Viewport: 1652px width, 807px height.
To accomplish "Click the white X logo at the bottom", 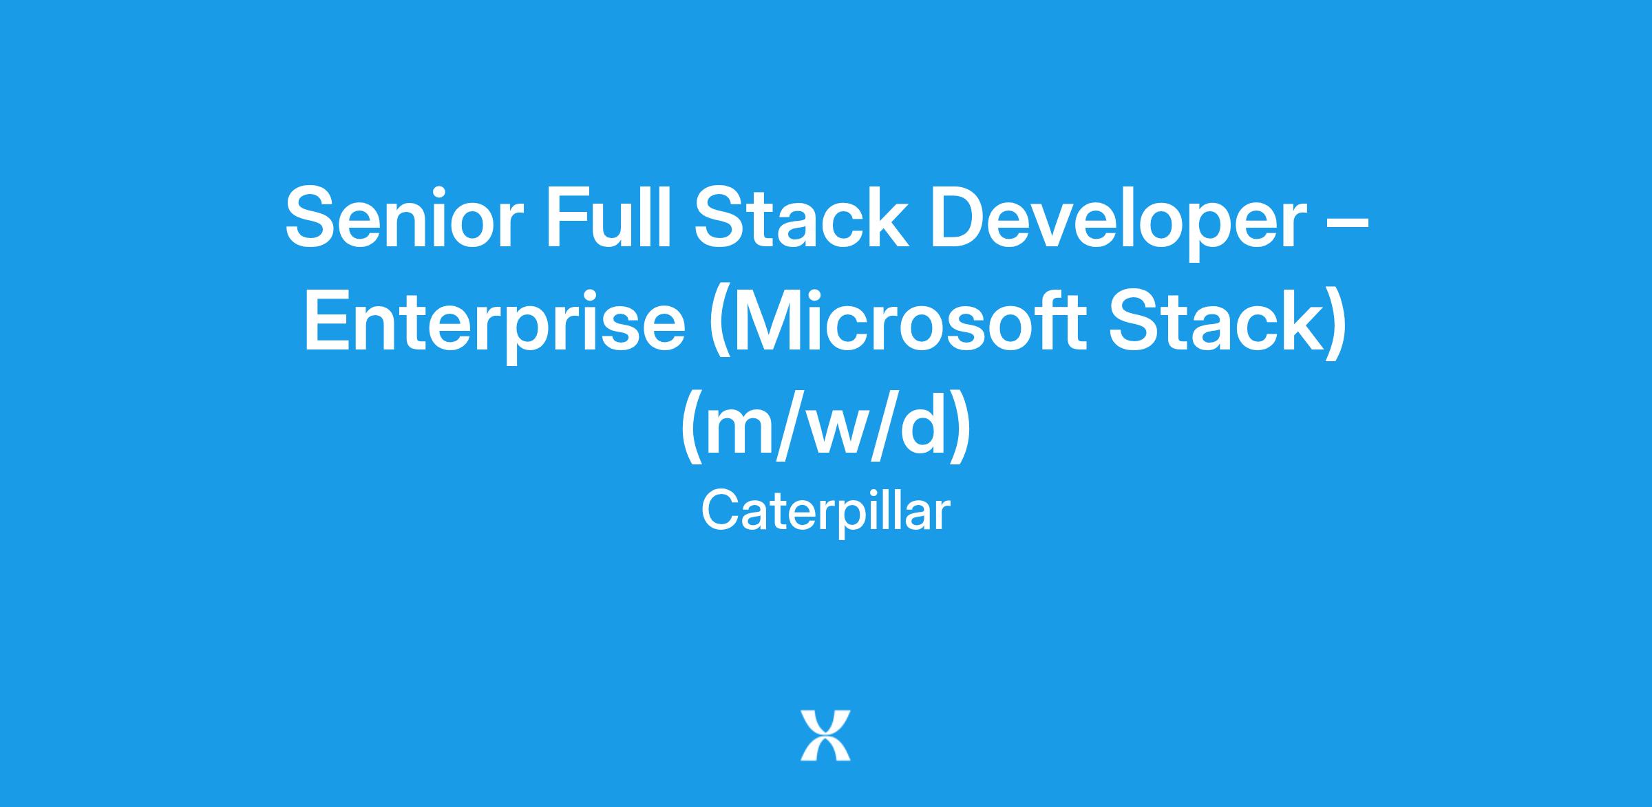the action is (825, 735).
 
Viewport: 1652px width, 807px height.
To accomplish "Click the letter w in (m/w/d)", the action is (845, 433).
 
